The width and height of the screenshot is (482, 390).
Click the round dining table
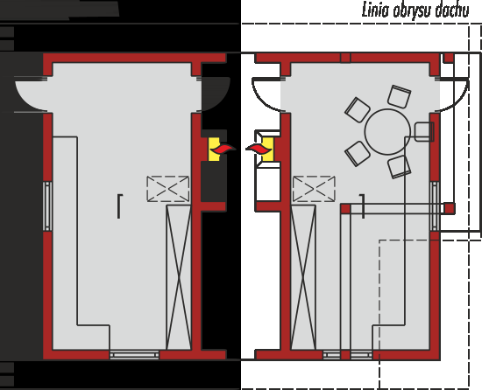[x=387, y=131]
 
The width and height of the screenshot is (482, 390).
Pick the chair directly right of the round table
[x=424, y=131]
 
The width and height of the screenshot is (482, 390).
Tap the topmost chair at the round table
[x=399, y=96]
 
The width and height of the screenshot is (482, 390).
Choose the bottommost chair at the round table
[x=399, y=167]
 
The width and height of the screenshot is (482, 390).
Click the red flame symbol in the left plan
[x=223, y=150]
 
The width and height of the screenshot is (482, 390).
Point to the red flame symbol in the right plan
[x=259, y=149]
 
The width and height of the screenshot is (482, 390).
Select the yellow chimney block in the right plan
[x=267, y=149]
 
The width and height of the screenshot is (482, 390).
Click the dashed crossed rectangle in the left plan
[x=168, y=189]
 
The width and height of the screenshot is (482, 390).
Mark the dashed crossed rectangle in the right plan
[x=314, y=189]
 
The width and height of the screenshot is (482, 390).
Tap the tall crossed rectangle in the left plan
[x=179, y=277]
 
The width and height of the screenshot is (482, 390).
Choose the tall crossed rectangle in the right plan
[x=303, y=277]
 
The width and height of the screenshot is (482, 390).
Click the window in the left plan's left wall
[x=47, y=205]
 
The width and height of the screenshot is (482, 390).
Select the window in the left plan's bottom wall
[x=134, y=355]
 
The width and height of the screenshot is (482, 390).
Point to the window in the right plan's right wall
[x=435, y=205]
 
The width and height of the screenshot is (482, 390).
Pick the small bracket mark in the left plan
[x=119, y=206]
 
